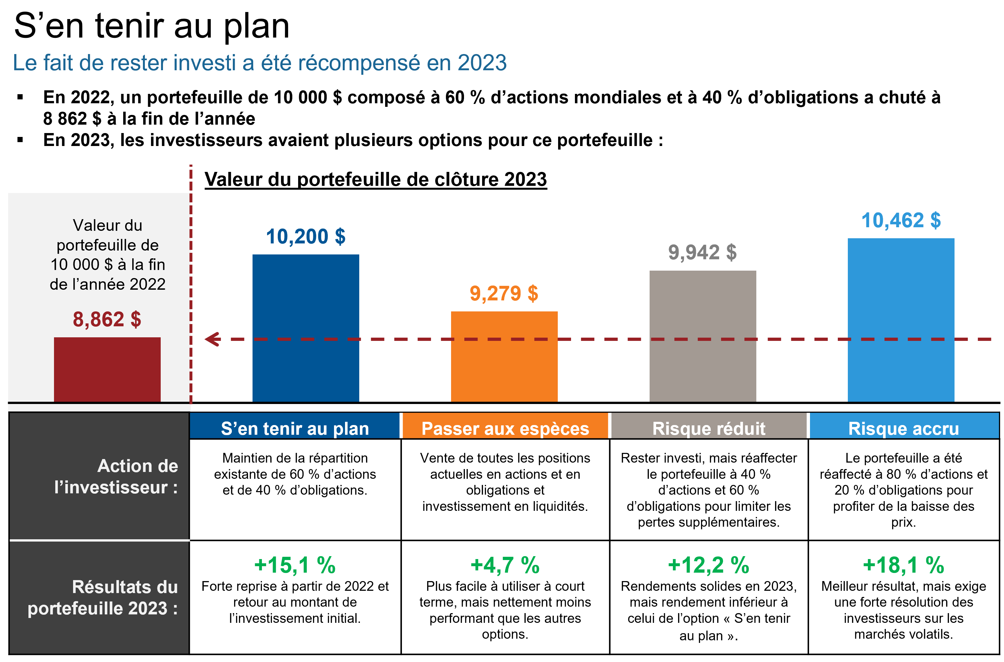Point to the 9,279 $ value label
click(x=504, y=293)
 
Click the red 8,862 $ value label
click(x=107, y=319)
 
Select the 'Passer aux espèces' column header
click(x=505, y=428)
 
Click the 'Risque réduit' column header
click(x=709, y=428)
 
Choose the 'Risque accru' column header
click(x=903, y=428)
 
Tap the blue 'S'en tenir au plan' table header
click(x=295, y=428)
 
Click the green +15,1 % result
click(x=295, y=565)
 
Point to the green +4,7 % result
click(x=505, y=565)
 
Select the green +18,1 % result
click(x=903, y=565)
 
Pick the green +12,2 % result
click(x=709, y=565)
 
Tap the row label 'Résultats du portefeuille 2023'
click(x=103, y=597)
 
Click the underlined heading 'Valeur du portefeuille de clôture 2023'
click(x=375, y=179)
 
